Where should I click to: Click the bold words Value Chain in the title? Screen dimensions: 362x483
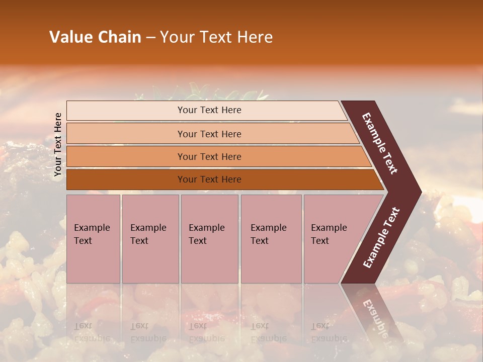[95, 37]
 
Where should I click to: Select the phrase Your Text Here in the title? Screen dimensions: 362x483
[216, 37]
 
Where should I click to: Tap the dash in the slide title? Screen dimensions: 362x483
[150, 38]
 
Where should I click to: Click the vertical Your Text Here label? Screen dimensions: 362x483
[58, 144]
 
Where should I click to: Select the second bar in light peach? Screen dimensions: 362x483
[209, 134]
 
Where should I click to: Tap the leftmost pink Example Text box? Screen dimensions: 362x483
[93, 238]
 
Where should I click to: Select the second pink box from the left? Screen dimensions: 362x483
[150, 238]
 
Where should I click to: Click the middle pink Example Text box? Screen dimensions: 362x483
[209, 238]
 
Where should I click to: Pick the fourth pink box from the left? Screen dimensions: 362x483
[271, 238]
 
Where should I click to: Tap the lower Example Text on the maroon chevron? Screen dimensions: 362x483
[381, 237]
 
